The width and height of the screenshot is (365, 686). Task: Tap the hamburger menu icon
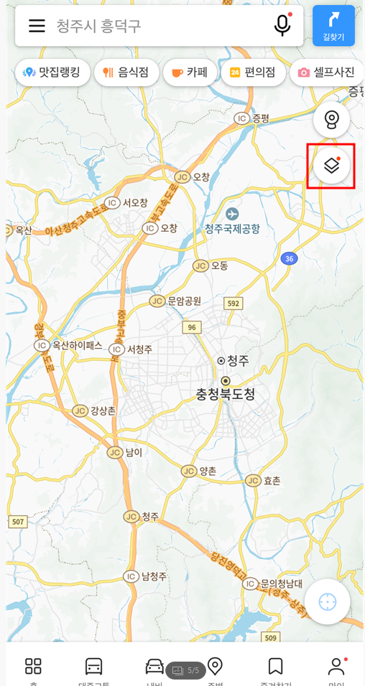click(37, 26)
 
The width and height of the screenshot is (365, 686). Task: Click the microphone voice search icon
click(282, 25)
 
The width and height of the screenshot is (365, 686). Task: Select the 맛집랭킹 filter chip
click(52, 72)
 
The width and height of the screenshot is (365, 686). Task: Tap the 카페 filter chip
click(190, 72)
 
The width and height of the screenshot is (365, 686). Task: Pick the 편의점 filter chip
click(252, 72)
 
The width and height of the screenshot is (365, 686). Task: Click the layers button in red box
click(331, 166)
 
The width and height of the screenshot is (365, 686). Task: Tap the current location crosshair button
click(328, 601)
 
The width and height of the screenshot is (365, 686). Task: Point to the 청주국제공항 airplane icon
click(231, 214)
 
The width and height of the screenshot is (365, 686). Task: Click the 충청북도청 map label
click(226, 394)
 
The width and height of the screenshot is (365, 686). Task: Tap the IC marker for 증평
click(241, 118)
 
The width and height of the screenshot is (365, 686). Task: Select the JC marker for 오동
click(201, 266)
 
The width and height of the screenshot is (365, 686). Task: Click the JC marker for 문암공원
click(157, 301)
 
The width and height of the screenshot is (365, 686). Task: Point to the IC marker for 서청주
click(116, 349)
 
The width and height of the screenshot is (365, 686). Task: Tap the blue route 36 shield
click(289, 258)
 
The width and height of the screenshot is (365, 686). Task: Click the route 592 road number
click(233, 304)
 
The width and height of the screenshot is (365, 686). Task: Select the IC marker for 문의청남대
click(250, 583)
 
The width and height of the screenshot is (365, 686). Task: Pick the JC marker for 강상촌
click(80, 410)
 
